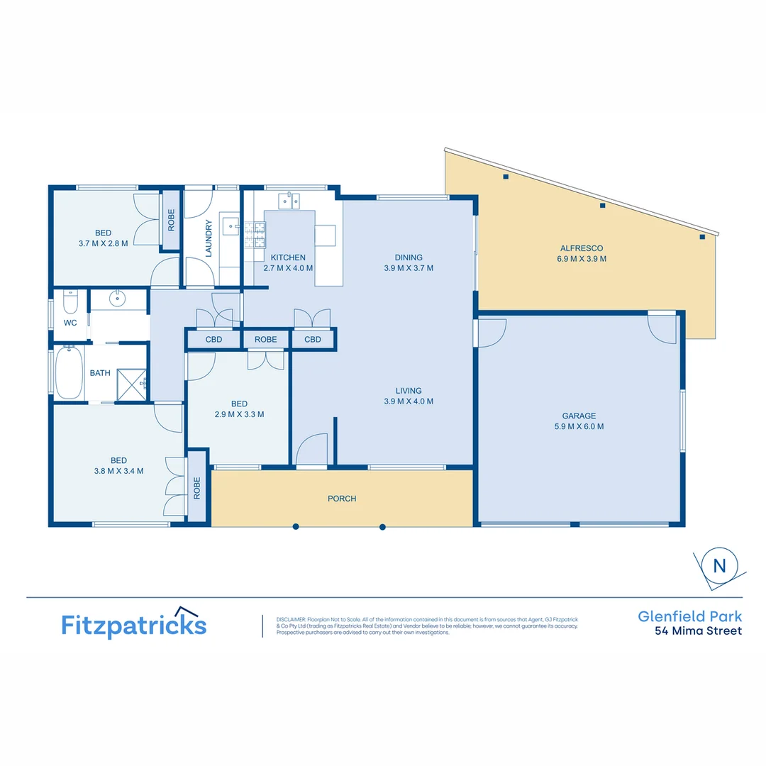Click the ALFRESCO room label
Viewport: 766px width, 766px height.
coord(582,248)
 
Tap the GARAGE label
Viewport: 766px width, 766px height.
coord(579,416)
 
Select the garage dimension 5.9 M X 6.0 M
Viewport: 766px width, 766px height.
coord(579,427)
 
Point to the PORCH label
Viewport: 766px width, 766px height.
coord(342,499)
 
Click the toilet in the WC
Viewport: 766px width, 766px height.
coord(70,302)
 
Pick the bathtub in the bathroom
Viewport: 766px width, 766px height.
coord(69,372)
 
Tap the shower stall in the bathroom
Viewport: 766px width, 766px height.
coord(131,384)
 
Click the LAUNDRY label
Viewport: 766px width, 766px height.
coord(209,238)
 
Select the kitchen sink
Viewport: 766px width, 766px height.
coord(289,201)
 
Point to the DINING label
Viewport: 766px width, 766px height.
coord(409,257)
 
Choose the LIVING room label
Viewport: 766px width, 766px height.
coord(409,391)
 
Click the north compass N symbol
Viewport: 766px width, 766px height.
coord(720,566)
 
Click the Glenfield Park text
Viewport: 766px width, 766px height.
coord(689,617)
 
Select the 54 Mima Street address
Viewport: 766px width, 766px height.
coord(698,631)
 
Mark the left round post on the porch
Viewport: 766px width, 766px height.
coord(296,526)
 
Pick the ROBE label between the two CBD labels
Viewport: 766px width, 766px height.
coord(266,340)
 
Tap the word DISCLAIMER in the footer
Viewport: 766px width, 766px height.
coord(290,619)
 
